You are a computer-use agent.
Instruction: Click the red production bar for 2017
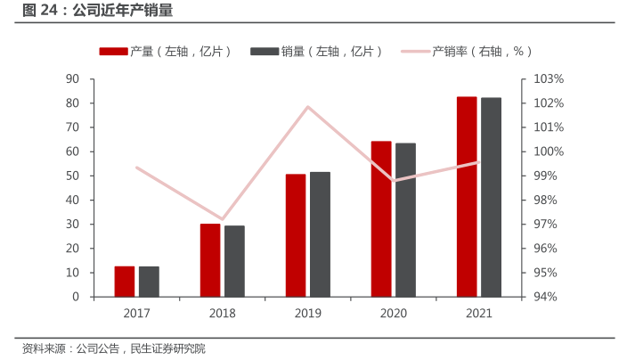coord(125,281)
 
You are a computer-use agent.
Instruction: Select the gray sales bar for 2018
coord(234,261)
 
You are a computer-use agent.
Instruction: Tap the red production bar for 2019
coord(296,235)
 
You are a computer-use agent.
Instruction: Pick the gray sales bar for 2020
coord(405,219)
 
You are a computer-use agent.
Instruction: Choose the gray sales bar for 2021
coord(491,197)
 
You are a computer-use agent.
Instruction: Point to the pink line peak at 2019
coord(308,107)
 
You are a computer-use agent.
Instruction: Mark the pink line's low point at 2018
coord(223,218)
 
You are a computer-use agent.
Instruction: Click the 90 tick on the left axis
coord(73,79)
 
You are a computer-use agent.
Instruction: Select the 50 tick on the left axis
coord(73,176)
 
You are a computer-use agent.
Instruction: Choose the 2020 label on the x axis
coord(394,314)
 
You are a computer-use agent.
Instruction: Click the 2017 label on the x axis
coord(136,314)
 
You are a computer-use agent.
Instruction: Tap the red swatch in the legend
coord(113,52)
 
